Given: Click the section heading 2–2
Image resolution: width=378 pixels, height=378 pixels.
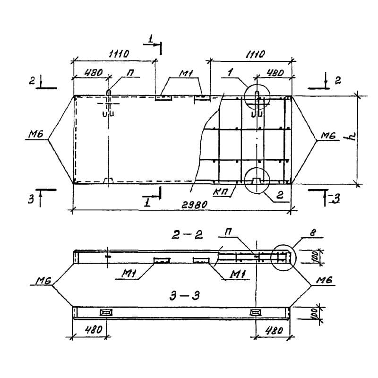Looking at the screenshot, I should (187, 235).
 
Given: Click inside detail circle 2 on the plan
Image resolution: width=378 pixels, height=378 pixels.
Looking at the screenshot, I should (257, 180).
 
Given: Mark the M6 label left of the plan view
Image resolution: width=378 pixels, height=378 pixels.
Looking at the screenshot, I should (34, 136).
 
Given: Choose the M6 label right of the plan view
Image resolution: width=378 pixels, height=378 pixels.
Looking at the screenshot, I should (327, 136).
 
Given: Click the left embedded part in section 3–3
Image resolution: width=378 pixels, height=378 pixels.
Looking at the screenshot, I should (106, 312).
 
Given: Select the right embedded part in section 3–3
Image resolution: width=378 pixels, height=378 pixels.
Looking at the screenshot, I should (256, 312).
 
